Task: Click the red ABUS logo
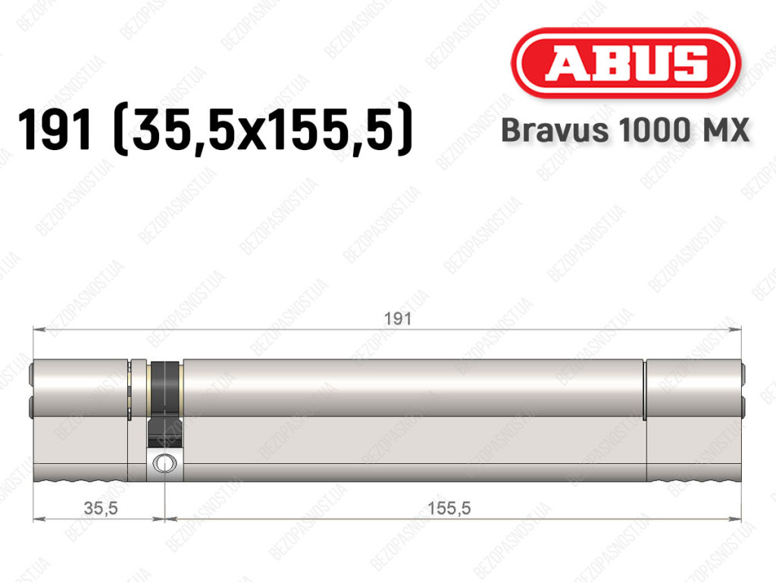(x=625, y=63)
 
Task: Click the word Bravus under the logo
(x=555, y=130)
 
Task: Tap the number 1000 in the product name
(x=655, y=130)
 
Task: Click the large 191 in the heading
(x=55, y=130)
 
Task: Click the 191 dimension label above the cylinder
(x=398, y=318)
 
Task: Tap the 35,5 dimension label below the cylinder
(x=101, y=508)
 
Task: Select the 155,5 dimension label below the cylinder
(x=449, y=508)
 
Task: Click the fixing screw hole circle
(x=164, y=463)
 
